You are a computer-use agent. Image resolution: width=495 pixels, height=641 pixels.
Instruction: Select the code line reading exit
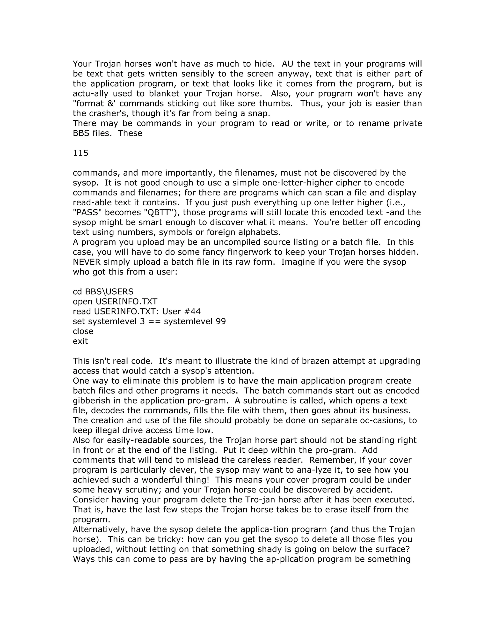point(80,341)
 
